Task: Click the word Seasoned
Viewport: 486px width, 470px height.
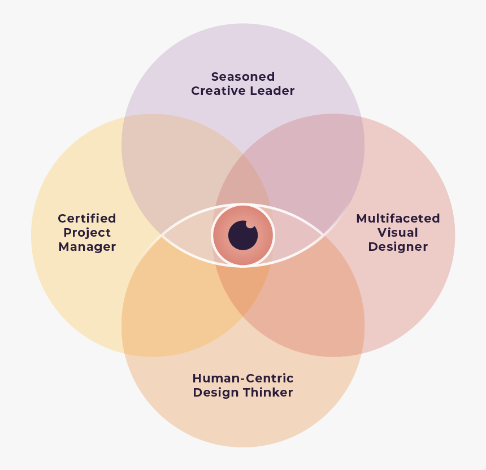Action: pos(243,76)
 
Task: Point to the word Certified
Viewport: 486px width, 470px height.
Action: pos(87,219)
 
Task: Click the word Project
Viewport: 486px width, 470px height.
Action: pos(87,233)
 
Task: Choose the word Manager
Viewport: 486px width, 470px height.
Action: pos(87,247)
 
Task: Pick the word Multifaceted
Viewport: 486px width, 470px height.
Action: pos(398,219)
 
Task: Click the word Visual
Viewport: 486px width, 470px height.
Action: pos(398,233)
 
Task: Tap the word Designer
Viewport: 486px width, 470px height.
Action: pos(398,247)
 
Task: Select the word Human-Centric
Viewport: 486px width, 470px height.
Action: pos(243,378)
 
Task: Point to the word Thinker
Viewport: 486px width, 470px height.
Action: pos(269,393)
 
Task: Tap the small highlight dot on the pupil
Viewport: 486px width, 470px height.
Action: pos(250,224)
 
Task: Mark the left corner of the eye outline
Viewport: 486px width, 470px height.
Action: pos(162,236)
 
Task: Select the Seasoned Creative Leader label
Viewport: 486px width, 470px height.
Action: pos(243,84)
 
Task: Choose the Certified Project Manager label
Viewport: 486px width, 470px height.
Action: pos(87,233)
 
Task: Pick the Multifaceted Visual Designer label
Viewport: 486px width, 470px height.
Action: pos(398,233)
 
